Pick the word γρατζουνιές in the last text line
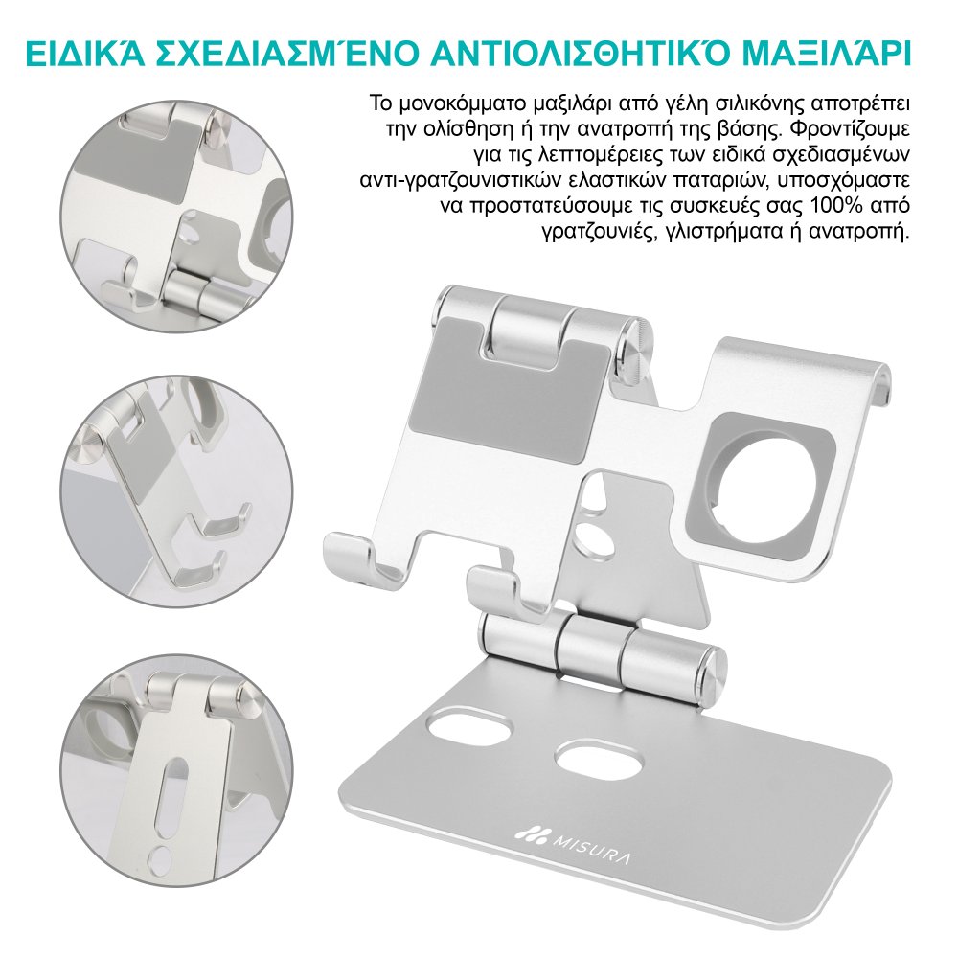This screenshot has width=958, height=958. pos(591,233)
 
